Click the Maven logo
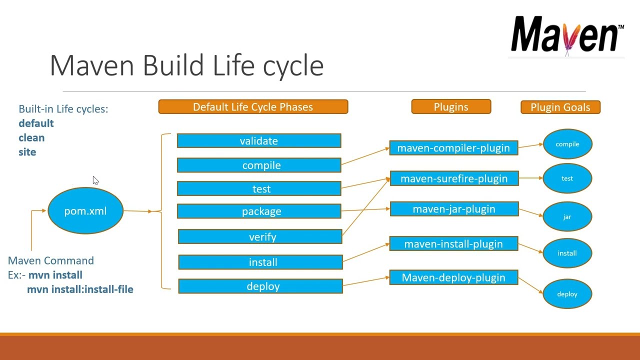click(x=567, y=35)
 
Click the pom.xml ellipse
click(x=85, y=211)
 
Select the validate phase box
click(x=259, y=141)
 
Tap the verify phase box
click(x=260, y=237)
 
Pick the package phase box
click(x=259, y=211)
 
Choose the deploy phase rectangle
click(x=260, y=286)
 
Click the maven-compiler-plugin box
click(x=453, y=148)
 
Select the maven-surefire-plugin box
click(x=454, y=178)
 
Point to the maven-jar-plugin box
click(x=454, y=209)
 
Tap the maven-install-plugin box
click(x=453, y=244)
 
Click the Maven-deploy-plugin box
click(x=453, y=278)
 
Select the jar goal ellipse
click(x=567, y=217)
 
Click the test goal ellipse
click(x=567, y=178)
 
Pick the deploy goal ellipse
click(x=567, y=294)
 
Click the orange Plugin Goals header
click(x=560, y=107)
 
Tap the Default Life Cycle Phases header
click(x=253, y=107)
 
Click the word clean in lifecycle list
click(x=31, y=138)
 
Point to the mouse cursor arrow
click(x=95, y=180)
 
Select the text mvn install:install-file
click(x=80, y=289)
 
